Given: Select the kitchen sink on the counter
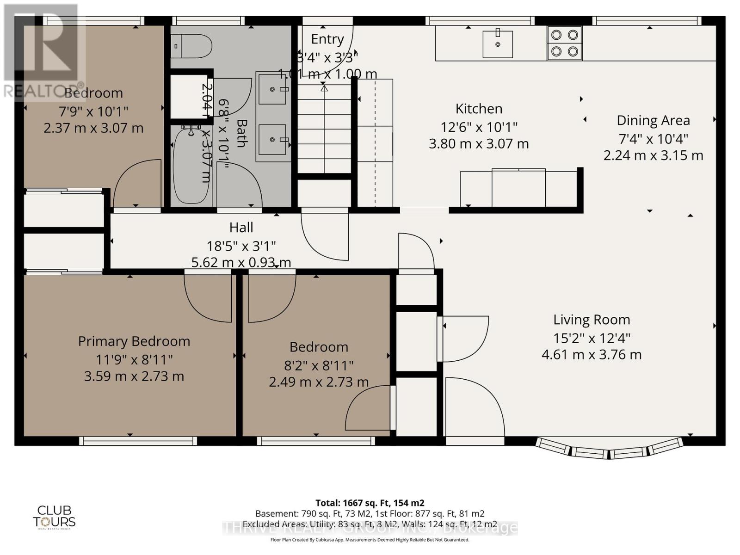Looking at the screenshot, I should [x=498, y=44].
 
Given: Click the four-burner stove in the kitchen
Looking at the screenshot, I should [x=564, y=43].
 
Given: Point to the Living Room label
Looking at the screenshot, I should [x=592, y=320].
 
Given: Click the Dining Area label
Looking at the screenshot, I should [x=653, y=120].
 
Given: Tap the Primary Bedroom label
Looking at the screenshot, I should [x=134, y=341].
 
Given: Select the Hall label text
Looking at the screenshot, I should [x=241, y=228].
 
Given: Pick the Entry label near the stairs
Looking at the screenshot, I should [x=327, y=39].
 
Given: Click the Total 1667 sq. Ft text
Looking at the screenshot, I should [x=370, y=503].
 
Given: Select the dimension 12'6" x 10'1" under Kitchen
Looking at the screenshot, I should [x=479, y=126].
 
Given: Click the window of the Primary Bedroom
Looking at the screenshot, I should [x=138, y=441].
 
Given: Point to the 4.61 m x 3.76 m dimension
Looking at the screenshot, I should [x=592, y=355].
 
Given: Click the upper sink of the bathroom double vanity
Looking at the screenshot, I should [x=272, y=89].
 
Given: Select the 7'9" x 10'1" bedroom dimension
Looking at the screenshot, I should [x=93, y=111].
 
